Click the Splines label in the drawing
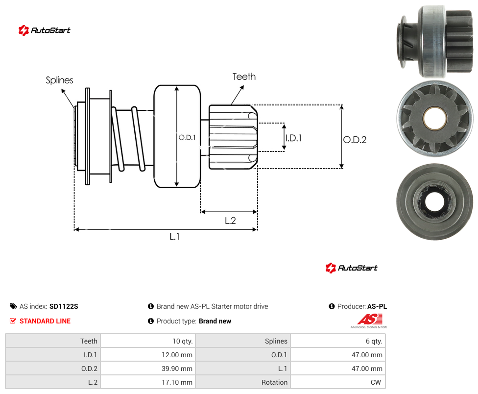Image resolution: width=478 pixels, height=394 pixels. click(59, 80)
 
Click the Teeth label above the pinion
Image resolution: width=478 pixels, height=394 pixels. click(244, 76)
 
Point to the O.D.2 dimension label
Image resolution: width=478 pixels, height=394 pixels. click(355, 140)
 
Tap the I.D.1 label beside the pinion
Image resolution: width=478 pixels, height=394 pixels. click(293, 138)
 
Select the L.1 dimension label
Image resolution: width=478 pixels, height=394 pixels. click(175, 236)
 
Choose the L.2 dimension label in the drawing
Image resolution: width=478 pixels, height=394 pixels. click(230, 221)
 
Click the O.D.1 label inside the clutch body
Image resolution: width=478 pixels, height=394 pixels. click(187, 138)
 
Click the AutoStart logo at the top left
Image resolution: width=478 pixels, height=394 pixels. click(45, 30)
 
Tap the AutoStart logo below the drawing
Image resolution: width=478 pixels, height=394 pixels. click(352, 268)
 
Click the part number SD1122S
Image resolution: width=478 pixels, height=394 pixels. click(64, 306)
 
